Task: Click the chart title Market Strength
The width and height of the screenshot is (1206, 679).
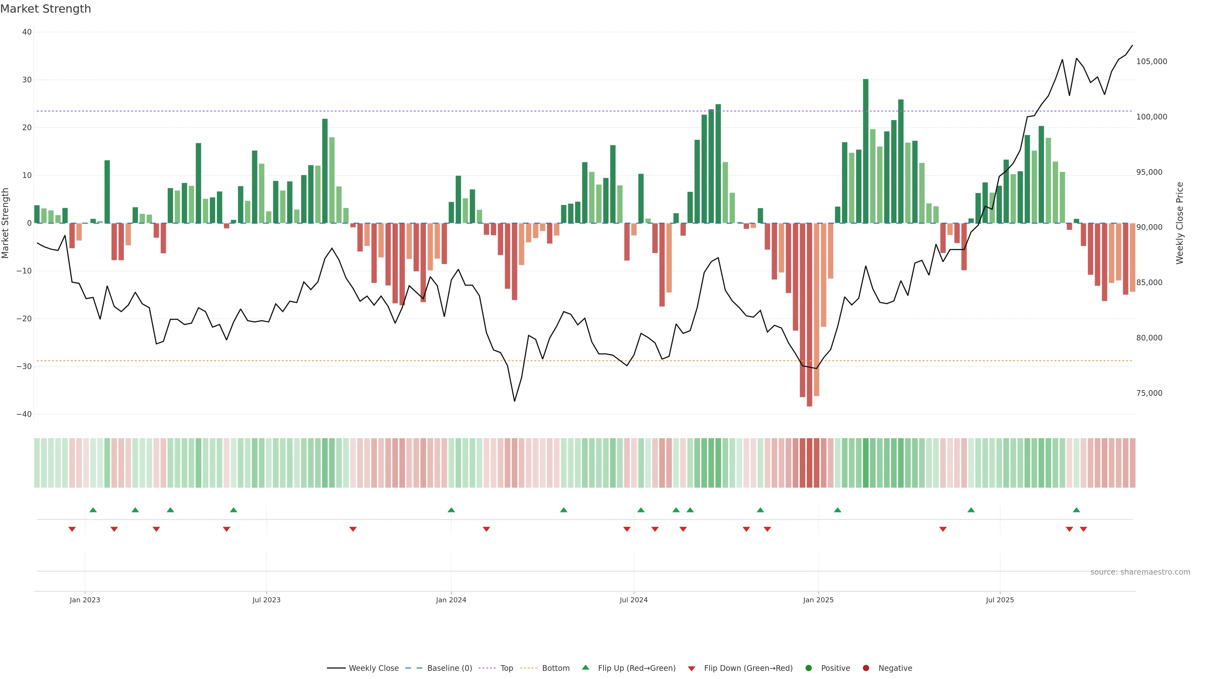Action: (x=46, y=9)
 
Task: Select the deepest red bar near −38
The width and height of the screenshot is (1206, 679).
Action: (x=809, y=314)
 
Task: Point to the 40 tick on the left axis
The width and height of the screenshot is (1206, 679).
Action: (x=27, y=32)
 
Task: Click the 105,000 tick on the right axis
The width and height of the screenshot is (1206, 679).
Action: (x=1152, y=61)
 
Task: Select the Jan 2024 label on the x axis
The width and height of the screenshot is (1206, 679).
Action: (x=451, y=600)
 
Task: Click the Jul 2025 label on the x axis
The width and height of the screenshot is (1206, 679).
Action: (x=1000, y=600)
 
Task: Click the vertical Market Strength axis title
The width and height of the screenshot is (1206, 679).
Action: (x=6, y=223)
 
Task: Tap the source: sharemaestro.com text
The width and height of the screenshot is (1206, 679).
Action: (x=1140, y=572)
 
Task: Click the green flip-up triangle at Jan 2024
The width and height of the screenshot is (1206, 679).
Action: (x=451, y=510)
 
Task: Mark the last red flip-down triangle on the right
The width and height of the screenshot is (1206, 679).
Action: (x=1083, y=529)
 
